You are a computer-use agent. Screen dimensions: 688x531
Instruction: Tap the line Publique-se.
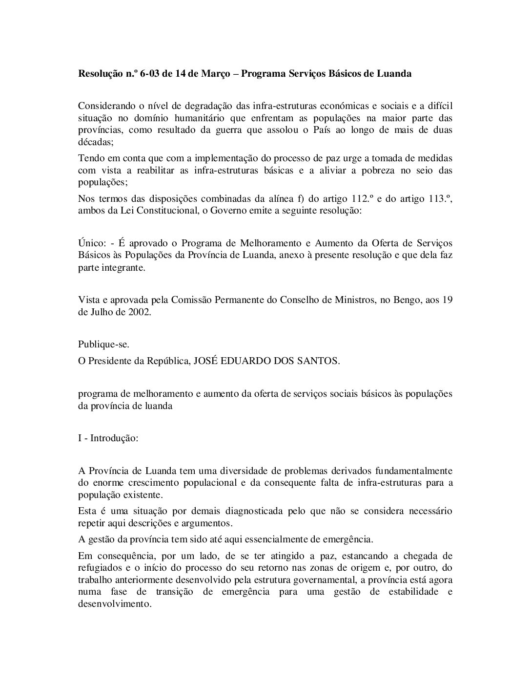click(104, 344)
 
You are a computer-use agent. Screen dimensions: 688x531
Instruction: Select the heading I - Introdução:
click(108, 438)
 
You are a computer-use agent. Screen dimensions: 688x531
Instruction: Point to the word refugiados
click(99, 568)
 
